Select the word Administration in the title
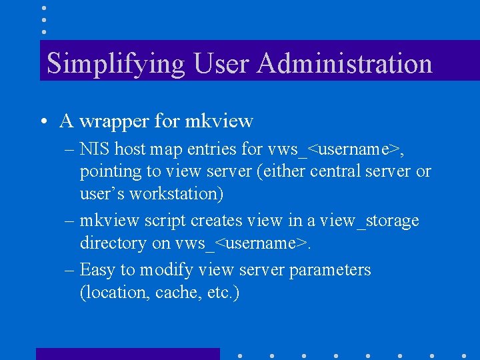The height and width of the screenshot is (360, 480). point(344,63)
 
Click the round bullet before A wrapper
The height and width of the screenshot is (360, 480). point(42,122)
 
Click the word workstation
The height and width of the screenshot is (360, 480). point(176,194)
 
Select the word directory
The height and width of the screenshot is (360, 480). point(113,243)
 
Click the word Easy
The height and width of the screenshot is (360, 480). point(97,270)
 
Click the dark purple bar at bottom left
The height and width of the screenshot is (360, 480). point(127,353)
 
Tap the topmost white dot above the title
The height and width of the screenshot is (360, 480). point(43,8)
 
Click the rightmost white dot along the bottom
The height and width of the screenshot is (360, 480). point(464,356)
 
